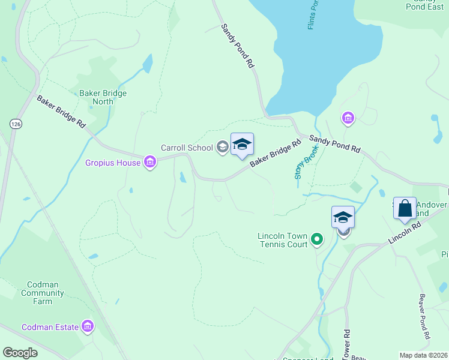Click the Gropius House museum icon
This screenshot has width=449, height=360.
[x=150, y=162]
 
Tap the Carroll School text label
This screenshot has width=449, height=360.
[x=187, y=148]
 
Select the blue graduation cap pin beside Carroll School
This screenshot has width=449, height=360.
[x=242, y=145]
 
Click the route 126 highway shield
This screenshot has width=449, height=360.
[x=16, y=123]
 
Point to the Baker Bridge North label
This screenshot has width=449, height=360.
[x=103, y=97]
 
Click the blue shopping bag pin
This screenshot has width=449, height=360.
[x=405, y=209]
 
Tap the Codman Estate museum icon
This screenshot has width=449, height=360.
[x=88, y=326]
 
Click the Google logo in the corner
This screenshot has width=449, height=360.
[x=20, y=353]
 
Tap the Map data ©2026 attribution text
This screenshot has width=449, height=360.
[x=423, y=355]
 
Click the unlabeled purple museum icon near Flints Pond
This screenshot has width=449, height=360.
[x=348, y=119]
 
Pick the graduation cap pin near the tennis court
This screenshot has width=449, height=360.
[x=343, y=217]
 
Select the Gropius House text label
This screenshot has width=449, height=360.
[x=113, y=163]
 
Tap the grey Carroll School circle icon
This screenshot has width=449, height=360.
[x=223, y=148]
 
